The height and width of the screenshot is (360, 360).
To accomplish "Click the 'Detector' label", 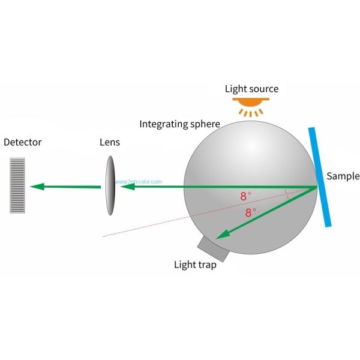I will pyautogui.click(x=22, y=143).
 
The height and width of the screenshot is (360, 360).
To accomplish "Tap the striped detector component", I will pyautogui.click(x=17, y=185).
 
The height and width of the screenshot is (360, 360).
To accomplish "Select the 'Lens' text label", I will pyautogui.click(x=110, y=143).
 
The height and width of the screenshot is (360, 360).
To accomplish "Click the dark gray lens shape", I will pyautogui.click(x=110, y=185).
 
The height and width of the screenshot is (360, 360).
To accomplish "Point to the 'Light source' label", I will pyautogui.click(x=251, y=89).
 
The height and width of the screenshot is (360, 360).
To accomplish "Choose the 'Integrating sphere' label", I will pyautogui.click(x=179, y=124).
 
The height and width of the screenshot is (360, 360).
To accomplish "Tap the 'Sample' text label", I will pyautogui.click(x=343, y=176).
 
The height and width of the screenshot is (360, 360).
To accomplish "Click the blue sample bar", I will pyautogui.click(x=320, y=178).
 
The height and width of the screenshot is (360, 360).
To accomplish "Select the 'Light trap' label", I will pyautogui.click(x=195, y=265).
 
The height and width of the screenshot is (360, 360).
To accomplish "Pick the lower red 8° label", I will pyautogui.click(x=250, y=212).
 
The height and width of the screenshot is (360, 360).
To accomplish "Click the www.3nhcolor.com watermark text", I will pyautogui.click(x=142, y=181).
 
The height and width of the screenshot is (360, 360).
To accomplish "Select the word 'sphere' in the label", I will pyautogui.click(x=204, y=124).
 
